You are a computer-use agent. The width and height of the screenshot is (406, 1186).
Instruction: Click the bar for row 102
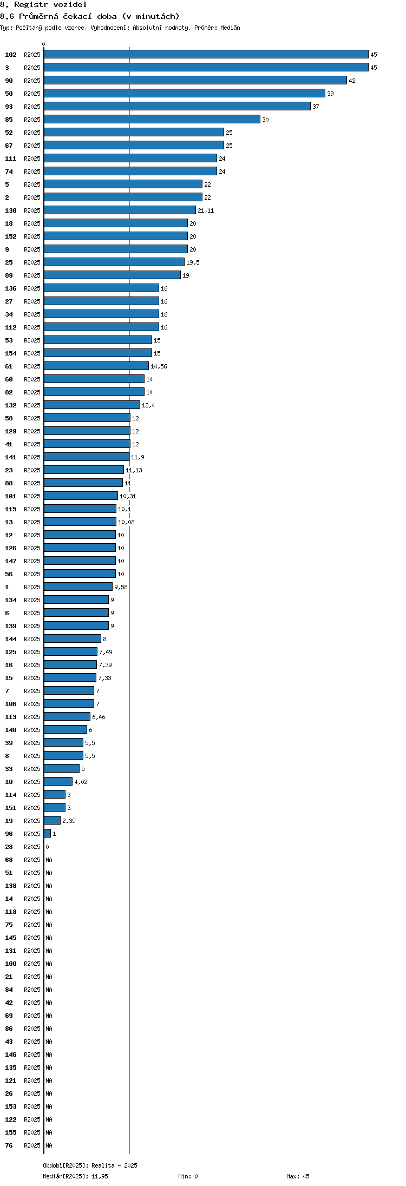click(206, 54)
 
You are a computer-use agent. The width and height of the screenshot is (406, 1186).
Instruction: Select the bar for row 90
click(195, 80)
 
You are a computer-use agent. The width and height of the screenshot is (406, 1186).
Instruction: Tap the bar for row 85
click(152, 119)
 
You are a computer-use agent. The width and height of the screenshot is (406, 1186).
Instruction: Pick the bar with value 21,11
click(120, 210)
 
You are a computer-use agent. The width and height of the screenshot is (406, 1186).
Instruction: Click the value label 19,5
click(193, 262)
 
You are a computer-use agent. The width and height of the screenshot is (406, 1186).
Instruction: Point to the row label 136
click(11, 288)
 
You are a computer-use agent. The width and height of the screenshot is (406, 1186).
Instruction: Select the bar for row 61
click(96, 366)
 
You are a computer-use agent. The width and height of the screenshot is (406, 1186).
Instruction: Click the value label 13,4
click(148, 405)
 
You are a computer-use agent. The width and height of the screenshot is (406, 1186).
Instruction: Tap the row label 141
click(11, 457)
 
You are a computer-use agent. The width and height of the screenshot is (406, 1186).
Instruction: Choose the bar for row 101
click(81, 496)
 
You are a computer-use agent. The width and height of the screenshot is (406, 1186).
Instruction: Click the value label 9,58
click(121, 587)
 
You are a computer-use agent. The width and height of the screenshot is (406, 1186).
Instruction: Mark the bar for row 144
click(73, 638)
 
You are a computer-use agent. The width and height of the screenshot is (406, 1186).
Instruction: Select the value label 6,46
click(99, 717)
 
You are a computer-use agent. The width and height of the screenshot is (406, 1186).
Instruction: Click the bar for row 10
click(58, 781)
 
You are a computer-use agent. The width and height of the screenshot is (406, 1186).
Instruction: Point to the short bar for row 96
click(48, 833)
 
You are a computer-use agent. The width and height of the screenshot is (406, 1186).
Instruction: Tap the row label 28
click(9, 847)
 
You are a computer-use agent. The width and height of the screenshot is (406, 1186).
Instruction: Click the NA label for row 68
click(49, 860)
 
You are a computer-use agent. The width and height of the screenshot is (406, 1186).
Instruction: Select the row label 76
click(9, 1145)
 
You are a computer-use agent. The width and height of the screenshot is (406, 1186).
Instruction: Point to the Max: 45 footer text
click(298, 1176)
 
